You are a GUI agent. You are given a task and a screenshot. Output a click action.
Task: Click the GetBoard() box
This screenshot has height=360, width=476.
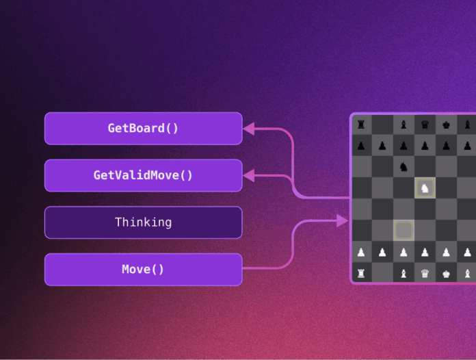point(144,128)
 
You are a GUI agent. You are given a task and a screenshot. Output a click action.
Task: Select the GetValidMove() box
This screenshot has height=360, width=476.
point(144,175)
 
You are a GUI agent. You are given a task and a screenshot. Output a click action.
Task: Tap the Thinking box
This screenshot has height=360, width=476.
point(144,222)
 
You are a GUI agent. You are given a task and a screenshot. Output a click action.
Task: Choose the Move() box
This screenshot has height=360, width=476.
point(144,270)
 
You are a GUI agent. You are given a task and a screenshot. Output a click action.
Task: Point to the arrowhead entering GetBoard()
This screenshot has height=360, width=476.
point(249,129)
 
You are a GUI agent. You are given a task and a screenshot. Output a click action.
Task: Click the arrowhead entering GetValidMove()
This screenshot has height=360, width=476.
point(249,176)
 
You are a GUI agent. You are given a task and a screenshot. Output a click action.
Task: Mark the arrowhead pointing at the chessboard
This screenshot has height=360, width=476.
point(343,220)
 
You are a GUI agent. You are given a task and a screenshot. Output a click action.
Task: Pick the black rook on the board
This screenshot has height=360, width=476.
point(361,125)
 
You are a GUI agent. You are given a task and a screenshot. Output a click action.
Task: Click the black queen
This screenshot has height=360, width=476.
point(425,125)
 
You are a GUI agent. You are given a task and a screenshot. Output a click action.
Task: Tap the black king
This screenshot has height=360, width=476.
point(446,125)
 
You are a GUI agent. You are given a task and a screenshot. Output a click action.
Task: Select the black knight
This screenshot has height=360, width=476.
point(404,166)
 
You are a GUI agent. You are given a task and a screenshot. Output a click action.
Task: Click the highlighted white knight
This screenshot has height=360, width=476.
point(425,188)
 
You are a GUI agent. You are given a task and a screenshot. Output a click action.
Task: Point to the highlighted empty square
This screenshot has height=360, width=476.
point(404,231)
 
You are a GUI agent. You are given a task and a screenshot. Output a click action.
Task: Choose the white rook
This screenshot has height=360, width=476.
point(361,273)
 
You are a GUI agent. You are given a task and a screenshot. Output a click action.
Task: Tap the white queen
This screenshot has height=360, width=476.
point(425,273)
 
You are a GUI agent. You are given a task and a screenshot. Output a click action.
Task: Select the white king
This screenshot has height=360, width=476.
point(446,274)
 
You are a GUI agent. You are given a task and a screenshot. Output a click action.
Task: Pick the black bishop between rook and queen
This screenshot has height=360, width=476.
point(404,125)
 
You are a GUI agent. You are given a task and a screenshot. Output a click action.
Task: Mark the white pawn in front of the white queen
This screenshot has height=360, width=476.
point(425,252)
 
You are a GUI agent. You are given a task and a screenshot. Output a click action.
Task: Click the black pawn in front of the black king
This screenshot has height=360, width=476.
point(446,146)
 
